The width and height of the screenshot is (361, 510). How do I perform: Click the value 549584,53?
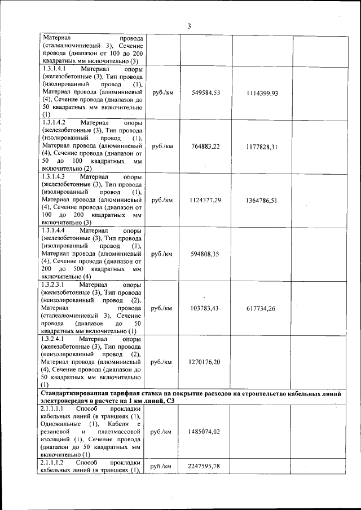206,92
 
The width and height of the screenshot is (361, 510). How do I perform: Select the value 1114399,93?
262,93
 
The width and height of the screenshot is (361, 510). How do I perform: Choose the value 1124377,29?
206,201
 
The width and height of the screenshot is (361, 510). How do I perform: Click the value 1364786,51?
262,201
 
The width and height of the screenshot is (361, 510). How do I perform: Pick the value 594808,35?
206,254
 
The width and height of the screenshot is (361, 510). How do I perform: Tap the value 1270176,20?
206,362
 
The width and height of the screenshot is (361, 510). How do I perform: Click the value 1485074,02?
206,432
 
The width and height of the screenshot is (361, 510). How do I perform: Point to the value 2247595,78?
206,467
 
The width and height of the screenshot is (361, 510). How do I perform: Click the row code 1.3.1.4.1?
54,69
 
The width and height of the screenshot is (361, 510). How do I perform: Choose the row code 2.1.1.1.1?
54,407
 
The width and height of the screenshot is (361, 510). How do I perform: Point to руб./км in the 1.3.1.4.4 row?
162,254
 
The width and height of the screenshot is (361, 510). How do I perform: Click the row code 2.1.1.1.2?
54,462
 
